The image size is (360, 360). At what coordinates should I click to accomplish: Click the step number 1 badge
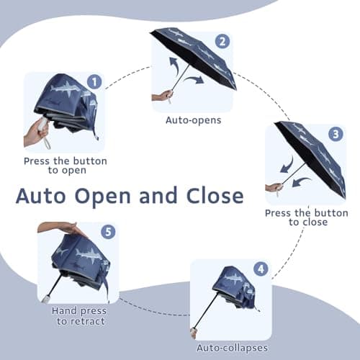[94, 81]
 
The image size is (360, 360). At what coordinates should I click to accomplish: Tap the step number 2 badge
[222, 42]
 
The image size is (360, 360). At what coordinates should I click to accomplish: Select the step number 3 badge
[336, 134]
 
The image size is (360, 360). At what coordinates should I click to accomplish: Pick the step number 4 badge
[261, 269]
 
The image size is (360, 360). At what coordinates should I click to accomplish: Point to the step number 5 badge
[108, 232]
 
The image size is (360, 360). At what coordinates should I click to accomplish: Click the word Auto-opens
[194, 120]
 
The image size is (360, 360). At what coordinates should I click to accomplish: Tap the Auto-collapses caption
[233, 348]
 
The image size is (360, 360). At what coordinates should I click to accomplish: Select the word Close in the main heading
[215, 195]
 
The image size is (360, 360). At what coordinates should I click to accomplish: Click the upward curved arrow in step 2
[174, 65]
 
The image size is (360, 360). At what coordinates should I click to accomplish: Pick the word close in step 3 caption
[315, 222]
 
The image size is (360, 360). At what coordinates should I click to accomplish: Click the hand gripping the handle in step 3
[274, 186]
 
